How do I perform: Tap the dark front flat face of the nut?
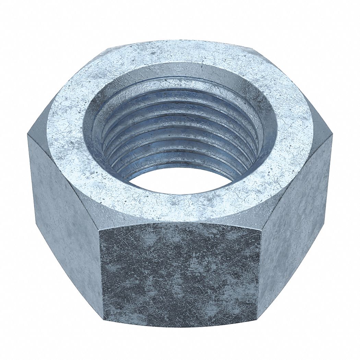pos(180,274)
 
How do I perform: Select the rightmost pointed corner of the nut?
pos(332,135)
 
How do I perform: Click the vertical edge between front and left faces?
pos(101,274)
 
